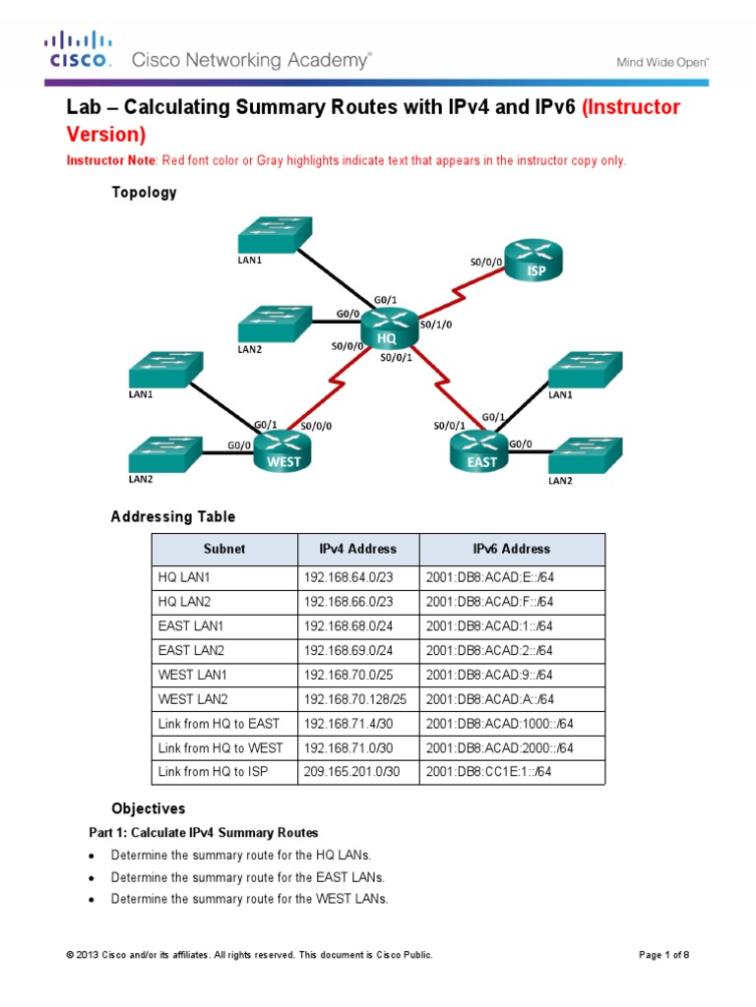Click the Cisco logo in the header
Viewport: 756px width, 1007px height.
(78, 49)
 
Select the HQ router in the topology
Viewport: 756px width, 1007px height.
(388, 328)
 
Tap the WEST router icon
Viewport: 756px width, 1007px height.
(282, 449)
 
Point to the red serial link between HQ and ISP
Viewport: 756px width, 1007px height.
(462, 292)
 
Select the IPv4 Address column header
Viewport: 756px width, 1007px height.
(357, 549)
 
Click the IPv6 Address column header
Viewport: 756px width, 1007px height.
(512, 549)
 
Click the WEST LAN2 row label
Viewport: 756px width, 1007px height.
(193, 699)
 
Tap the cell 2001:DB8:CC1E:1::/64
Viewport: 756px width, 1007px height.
(489, 772)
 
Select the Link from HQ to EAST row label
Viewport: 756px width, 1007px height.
(219, 724)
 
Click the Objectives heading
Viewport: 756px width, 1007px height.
(148, 809)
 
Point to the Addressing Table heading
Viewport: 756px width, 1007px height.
(173, 516)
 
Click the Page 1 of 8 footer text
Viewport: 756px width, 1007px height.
(671, 955)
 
